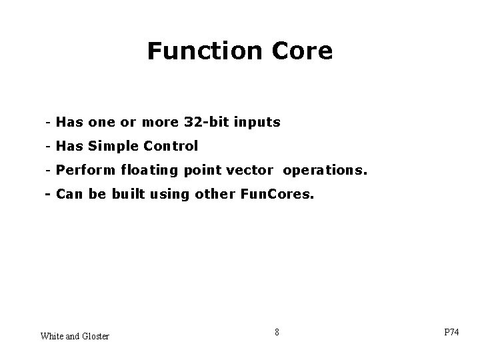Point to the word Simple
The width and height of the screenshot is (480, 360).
click(x=117, y=145)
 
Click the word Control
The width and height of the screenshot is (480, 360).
click(x=174, y=145)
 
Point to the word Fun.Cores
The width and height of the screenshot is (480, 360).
click(x=275, y=195)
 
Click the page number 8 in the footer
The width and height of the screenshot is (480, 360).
click(x=277, y=331)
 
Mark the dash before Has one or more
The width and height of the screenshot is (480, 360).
click(x=49, y=123)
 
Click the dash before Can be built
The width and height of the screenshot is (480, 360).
click(x=48, y=195)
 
